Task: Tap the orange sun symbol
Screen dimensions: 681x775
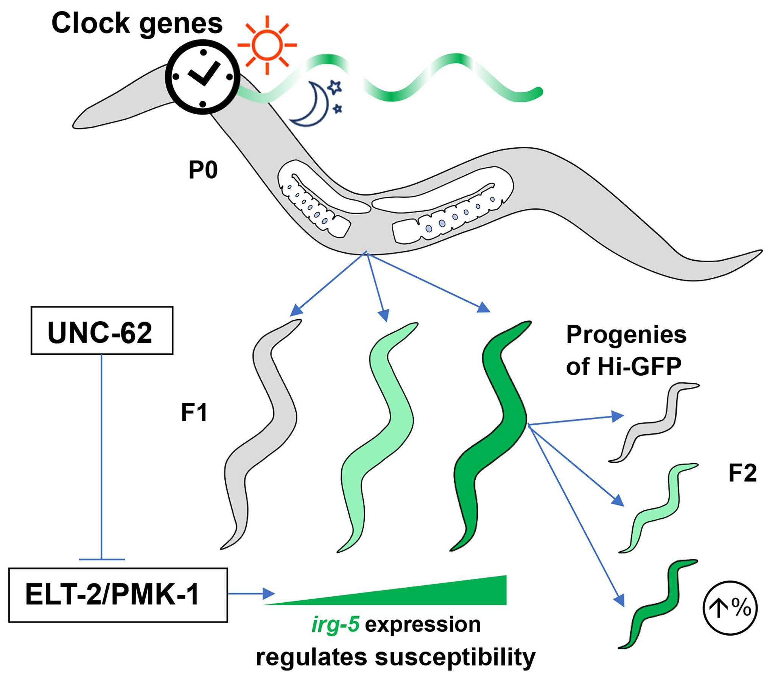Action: click(x=267, y=45)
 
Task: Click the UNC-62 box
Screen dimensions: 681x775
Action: click(x=102, y=331)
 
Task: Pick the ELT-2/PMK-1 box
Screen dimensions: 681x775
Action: click(x=118, y=595)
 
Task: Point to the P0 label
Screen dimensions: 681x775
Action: click(x=203, y=170)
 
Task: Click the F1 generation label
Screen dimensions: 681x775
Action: click(x=194, y=412)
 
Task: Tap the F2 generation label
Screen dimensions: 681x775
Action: click(x=742, y=474)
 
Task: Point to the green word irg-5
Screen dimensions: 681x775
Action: click(x=335, y=625)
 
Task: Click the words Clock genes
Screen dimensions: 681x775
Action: click(x=137, y=23)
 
